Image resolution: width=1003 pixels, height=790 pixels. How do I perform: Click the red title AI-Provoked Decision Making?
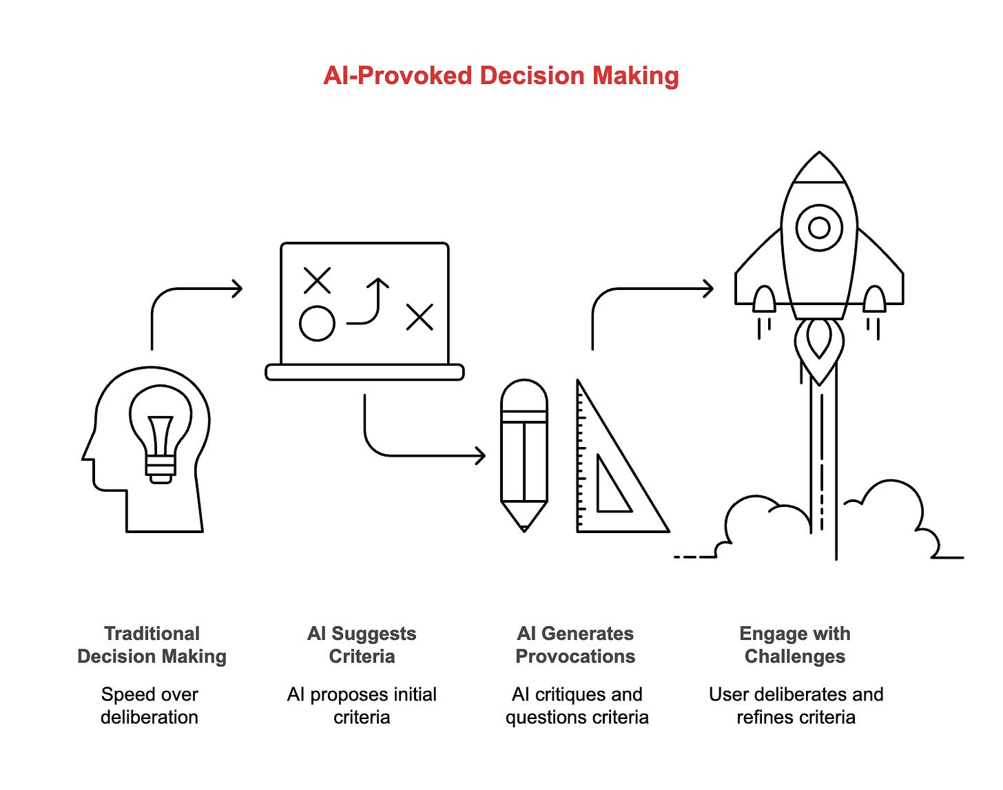pos(501,76)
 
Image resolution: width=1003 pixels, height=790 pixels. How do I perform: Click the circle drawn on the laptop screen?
pos(317,323)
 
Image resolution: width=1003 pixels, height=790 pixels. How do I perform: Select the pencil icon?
pos(524,455)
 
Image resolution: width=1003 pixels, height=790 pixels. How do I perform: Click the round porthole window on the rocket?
pos(819,227)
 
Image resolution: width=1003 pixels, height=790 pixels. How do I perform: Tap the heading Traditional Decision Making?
pos(152,645)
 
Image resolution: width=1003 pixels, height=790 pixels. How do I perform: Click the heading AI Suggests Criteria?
pos(362,645)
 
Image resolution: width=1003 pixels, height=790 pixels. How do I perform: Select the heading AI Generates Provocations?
pos(575,645)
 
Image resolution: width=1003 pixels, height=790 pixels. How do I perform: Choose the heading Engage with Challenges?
pos(795,645)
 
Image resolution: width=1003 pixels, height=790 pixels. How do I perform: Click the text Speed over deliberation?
pos(149,705)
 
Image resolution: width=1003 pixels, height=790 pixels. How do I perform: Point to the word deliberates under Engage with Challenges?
pos(799,694)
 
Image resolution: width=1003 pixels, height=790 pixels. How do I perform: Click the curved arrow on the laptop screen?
pos(369,303)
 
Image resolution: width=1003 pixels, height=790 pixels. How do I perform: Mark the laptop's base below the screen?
pos(364,373)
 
